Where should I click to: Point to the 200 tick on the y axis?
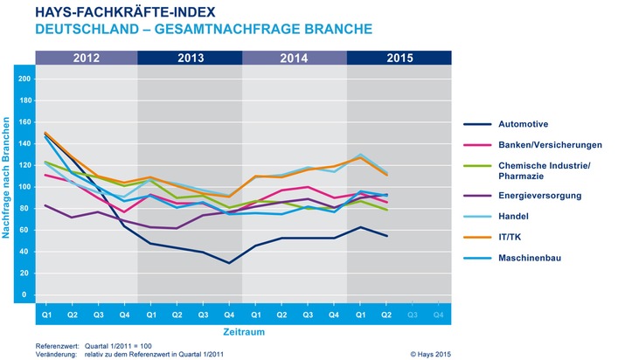(24, 79)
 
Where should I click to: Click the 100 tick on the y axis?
(24, 187)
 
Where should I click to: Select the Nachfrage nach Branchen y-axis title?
(9, 186)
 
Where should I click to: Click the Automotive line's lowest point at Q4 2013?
(230, 262)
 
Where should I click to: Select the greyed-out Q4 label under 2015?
(440, 312)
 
